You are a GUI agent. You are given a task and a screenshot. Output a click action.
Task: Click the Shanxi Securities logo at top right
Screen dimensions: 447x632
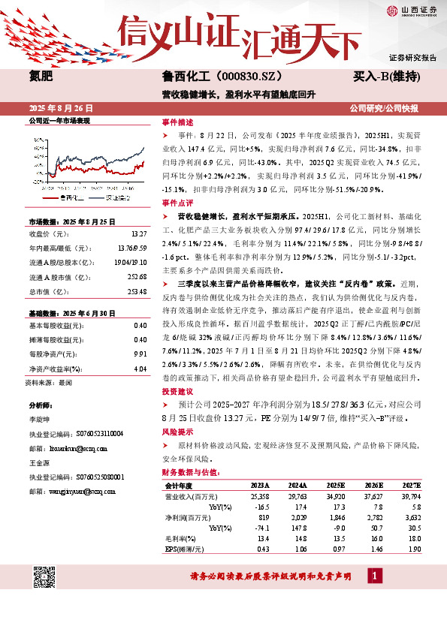[x=410, y=11]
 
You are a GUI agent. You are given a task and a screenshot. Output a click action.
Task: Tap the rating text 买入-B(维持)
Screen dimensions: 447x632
[x=386, y=77]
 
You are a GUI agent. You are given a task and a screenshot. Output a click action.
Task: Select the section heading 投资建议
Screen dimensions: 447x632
[x=177, y=392]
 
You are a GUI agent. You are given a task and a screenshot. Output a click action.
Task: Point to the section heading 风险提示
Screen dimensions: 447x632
[x=177, y=432]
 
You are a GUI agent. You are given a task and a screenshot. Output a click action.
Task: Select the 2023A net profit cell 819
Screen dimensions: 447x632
[x=262, y=518]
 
